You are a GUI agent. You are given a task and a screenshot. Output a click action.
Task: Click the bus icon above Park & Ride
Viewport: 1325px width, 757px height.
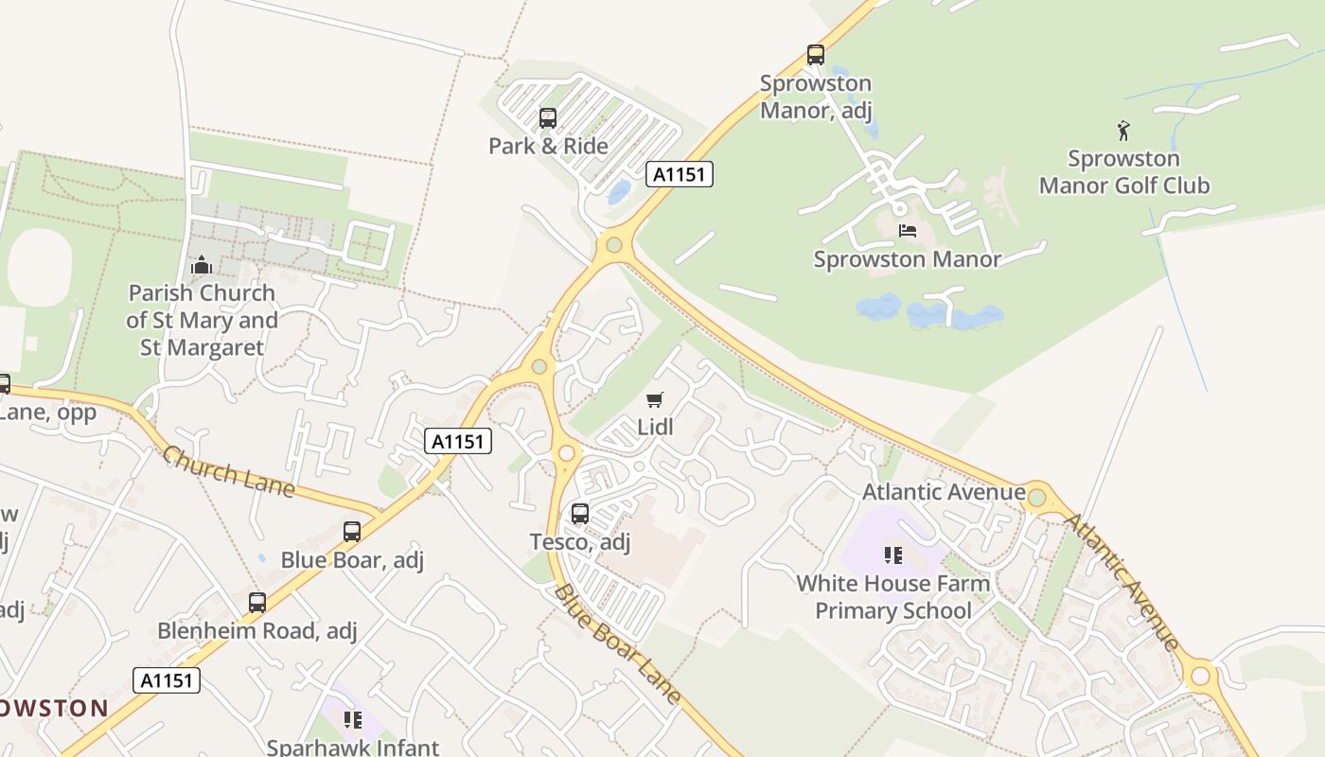[x=547, y=118]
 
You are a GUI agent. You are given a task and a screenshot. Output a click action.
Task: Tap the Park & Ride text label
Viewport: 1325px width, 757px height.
[x=548, y=146]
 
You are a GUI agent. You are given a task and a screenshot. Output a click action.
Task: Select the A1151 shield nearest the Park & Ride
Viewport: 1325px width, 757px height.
[x=680, y=174]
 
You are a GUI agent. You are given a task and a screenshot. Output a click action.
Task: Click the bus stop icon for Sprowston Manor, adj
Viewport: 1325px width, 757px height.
[x=815, y=55]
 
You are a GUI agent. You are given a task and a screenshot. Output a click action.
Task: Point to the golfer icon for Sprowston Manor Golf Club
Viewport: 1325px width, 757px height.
[x=1123, y=131]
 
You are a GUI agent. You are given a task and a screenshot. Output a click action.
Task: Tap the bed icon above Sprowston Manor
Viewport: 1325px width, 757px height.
[x=907, y=231]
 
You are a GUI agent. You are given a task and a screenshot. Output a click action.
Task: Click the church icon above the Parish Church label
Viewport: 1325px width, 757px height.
[x=201, y=266]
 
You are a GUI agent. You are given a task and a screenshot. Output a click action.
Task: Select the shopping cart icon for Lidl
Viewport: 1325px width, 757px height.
[x=655, y=400]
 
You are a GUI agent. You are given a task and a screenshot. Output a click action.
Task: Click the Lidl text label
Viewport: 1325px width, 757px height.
[x=655, y=427]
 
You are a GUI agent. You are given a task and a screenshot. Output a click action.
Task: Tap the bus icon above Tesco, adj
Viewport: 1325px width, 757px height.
[x=579, y=514]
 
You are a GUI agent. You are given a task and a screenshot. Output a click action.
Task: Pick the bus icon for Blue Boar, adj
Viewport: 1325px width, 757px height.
[x=352, y=532]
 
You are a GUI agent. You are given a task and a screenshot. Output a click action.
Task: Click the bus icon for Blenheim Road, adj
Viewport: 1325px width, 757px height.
[x=256, y=603]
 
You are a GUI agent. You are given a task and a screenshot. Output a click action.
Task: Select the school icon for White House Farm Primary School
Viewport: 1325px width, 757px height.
[x=892, y=555]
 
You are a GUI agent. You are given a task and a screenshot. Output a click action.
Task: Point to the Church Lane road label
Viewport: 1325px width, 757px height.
[x=228, y=470]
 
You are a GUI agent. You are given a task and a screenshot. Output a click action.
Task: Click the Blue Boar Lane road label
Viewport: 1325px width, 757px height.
[x=617, y=644]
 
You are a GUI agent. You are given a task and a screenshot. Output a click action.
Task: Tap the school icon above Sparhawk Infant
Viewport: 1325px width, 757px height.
[x=353, y=720]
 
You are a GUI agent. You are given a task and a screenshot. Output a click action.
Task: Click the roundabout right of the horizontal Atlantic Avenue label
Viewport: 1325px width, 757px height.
[x=1036, y=497]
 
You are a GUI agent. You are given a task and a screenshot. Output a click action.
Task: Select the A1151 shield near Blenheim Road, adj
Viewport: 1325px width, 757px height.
[x=167, y=680]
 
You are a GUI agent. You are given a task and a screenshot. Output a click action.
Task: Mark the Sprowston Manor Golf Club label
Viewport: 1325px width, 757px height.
[x=1123, y=171]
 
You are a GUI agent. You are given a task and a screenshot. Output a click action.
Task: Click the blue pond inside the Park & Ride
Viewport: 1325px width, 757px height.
[x=620, y=192]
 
